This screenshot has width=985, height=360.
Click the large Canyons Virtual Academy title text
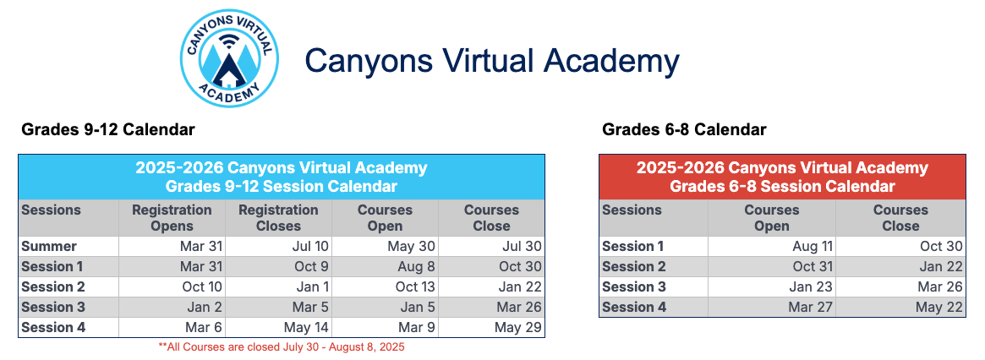(x=492, y=61)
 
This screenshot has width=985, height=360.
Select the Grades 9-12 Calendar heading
(x=108, y=130)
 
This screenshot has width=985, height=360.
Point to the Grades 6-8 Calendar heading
(x=684, y=130)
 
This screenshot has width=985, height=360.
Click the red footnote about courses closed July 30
(x=282, y=346)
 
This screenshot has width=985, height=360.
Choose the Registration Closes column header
(x=278, y=218)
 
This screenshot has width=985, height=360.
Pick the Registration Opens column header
(x=172, y=218)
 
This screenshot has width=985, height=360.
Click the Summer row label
(x=49, y=247)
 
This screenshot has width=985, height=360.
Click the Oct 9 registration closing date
(x=312, y=267)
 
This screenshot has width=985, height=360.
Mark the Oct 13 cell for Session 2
(x=415, y=287)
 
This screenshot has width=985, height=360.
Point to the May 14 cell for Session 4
(x=305, y=328)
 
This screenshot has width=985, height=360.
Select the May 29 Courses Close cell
(x=518, y=328)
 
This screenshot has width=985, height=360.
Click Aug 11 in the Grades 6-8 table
(x=813, y=247)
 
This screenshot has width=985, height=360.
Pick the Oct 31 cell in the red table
(x=813, y=267)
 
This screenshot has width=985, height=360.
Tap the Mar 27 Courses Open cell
(x=811, y=308)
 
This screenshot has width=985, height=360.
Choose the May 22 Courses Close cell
(x=939, y=308)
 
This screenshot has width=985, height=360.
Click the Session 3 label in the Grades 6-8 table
(x=634, y=287)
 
